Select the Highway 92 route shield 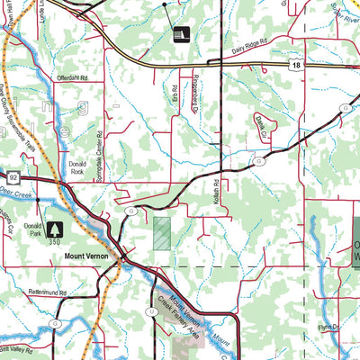3,178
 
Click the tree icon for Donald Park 56,230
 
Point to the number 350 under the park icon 56,244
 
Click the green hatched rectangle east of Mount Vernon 161,233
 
